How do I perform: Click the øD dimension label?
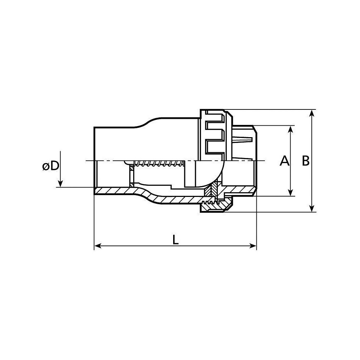point(51,166)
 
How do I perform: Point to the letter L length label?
point(176,240)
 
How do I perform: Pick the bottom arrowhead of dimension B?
point(311,208)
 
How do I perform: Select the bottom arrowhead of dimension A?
point(291,192)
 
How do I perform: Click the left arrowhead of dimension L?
point(98,246)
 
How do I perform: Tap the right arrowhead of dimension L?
point(252,246)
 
